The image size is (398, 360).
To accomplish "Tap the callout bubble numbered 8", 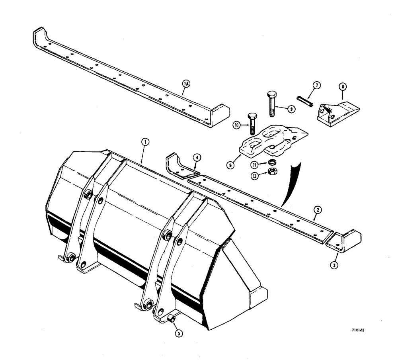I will (342, 85).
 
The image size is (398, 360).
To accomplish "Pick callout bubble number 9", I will (292, 109).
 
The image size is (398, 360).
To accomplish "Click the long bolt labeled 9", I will (270, 103).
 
